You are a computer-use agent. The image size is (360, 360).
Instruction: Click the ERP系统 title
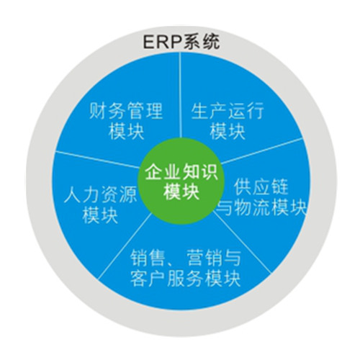tap(181, 42)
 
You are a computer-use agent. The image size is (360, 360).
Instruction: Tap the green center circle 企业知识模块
tap(181, 181)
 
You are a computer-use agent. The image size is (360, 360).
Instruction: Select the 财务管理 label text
tap(126, 111)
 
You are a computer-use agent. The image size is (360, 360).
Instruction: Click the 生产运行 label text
tap(228, 111)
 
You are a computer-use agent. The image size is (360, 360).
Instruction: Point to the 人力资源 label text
tap(100, 194)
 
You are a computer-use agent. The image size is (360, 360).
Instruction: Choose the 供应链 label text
tap(261, 186)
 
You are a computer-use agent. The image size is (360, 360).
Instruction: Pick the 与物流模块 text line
tap(261, 207)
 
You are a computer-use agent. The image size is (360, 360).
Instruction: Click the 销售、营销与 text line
tap(185, 258)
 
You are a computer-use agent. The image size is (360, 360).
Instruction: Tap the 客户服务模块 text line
tap(185, 279)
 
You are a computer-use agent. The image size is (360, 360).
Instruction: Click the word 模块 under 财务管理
tap(126, 131)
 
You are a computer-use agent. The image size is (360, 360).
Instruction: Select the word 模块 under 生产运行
tap(228, 131)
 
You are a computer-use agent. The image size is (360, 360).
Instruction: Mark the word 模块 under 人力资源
tap(100, 215)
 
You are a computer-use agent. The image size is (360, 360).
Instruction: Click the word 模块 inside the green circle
tap(181, 192)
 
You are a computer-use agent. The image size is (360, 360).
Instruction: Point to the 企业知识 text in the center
tap(181, 172)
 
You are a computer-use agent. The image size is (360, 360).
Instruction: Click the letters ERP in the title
tap(162, 42)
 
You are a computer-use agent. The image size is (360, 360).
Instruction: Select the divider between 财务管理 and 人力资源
tap(98, 159)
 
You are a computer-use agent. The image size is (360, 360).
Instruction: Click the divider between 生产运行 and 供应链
tap(261, 151)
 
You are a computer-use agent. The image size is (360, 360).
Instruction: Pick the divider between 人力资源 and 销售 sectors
tap(125, 246)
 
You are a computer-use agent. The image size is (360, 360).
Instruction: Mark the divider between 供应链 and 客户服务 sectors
tap(243, 243)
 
